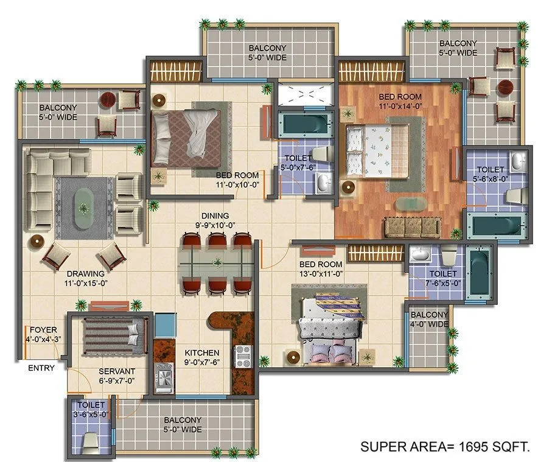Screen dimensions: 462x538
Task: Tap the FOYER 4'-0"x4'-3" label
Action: tap(42, 334)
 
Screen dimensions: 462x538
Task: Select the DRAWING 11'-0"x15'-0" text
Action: tap(89, 278)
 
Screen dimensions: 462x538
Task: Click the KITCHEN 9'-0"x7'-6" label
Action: tap(202, 357)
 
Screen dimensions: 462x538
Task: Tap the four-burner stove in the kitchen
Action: tap(243, 356)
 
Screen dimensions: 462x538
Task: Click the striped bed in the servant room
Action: tap(114, 335)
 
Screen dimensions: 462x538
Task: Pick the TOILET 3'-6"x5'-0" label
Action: tap(91, 409)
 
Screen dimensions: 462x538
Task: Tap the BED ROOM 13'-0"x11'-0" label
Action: tap(321, 269)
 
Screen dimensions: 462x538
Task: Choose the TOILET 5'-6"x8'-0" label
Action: tap(491, 175)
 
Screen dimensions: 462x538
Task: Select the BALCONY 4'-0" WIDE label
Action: tap(429, 320)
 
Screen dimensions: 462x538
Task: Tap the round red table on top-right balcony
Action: tap(505, 87)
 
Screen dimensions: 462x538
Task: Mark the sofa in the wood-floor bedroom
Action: tap(413, 226)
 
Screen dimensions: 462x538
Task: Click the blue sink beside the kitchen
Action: tap(165, 326)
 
